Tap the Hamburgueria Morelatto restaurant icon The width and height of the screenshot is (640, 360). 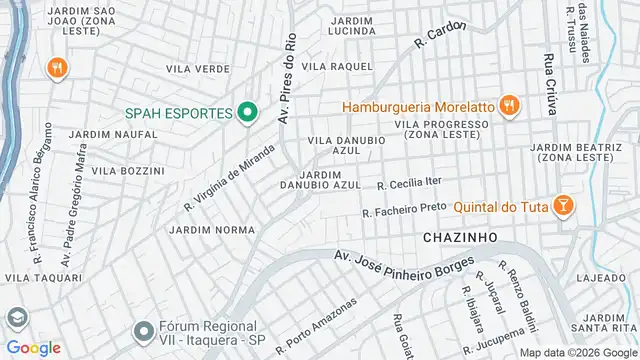click(x=509, y=105)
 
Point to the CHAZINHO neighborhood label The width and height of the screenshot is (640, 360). click(x=460, y=237)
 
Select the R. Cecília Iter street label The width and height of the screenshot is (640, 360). click(x=409, y=183)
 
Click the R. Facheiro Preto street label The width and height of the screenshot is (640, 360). click(x=404, y=209)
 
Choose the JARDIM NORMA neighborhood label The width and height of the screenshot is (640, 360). click(x=212, y=229)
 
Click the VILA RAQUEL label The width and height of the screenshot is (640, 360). click(x=336, y=66)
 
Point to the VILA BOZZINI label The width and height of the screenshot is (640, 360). click(x=127, y=171)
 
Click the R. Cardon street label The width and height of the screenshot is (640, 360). click(x=441, y=35)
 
